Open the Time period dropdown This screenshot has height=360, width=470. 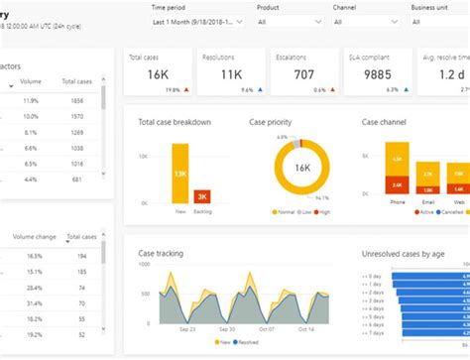(x=197, y=21)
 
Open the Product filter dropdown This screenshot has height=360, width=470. (x=289, y=21)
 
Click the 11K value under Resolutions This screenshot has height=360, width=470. (x=230, y=75)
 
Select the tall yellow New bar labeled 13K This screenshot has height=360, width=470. (x=179, y=175)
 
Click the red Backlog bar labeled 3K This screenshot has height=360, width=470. (x=202, y=195)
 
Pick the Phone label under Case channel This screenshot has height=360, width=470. (x=398, y=201)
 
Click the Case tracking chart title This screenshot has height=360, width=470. (x=160, y=253)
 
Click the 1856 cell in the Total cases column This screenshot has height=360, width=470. (x=77, y=101)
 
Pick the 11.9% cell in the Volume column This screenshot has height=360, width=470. (x=31, y=101)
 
